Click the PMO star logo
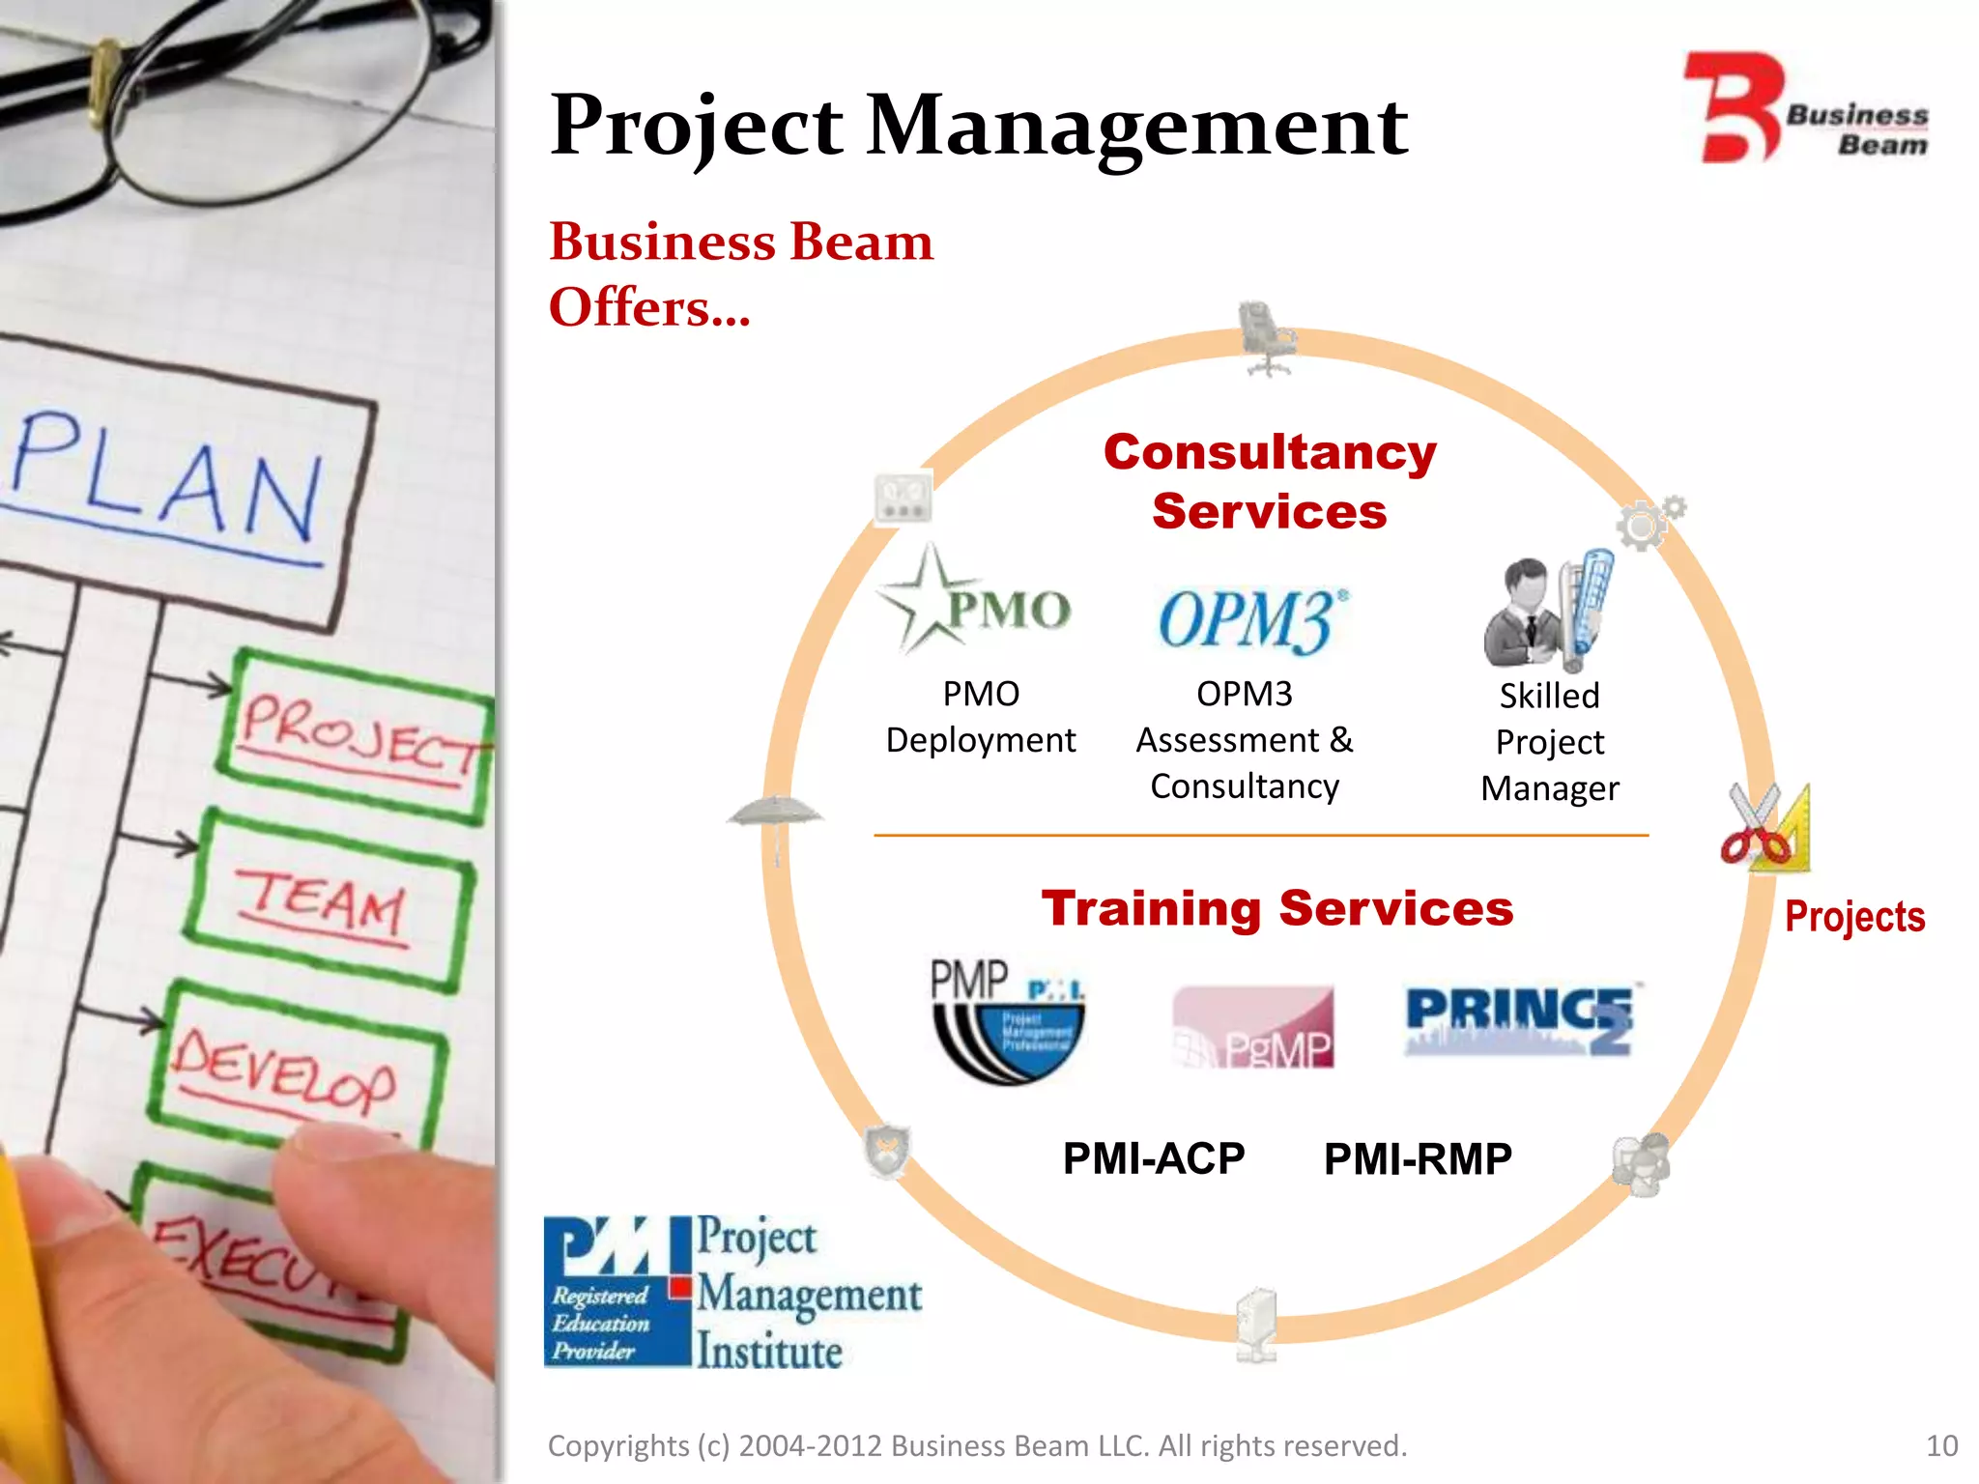[974, 604]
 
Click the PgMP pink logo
[1252, 1027]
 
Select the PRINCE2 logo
[1519, 1019]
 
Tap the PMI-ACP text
[1153, 1158]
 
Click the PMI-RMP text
[1418, 1158]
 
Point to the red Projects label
[1853, 916]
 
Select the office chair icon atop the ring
[1265, 337]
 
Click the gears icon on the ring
[1649, 523]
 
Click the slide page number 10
[1941, 1445]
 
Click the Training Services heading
[1276, 908]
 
